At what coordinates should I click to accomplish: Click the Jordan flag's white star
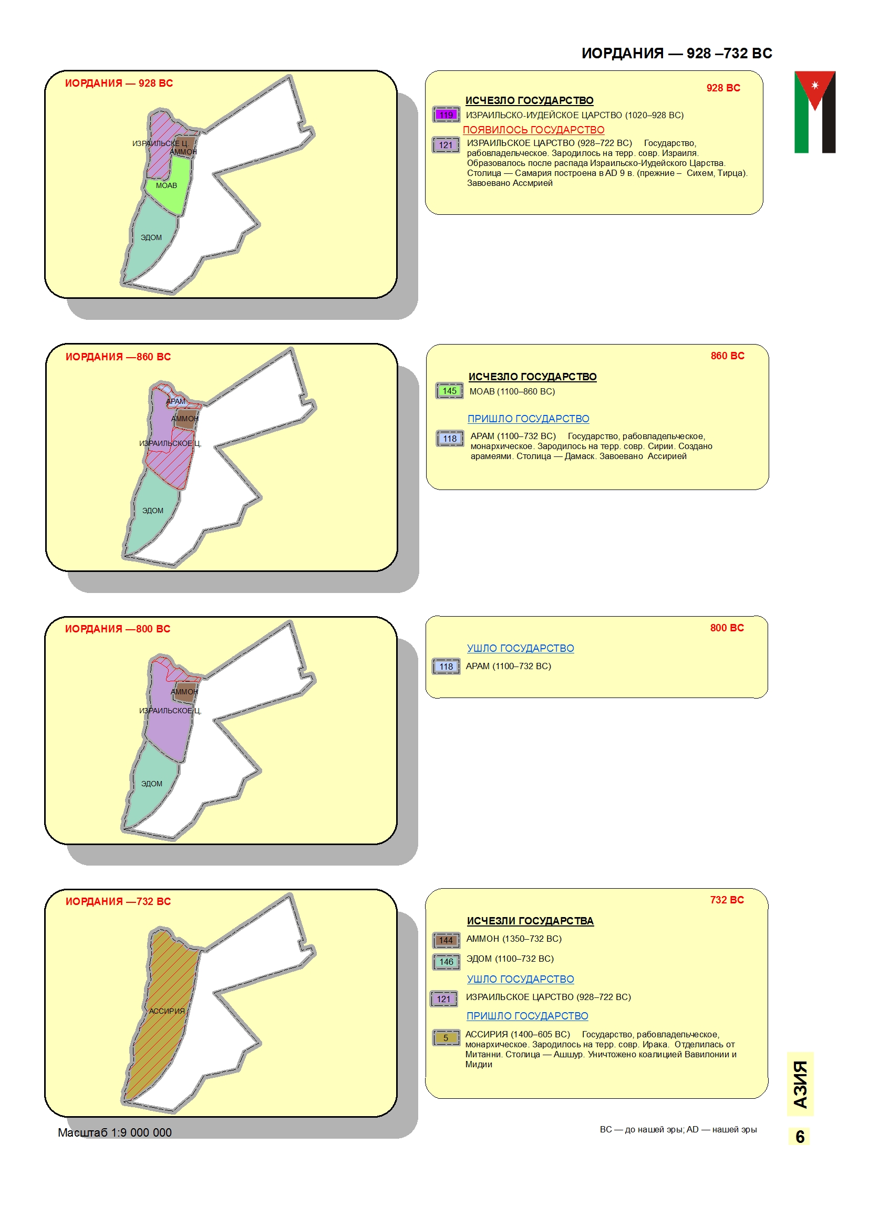(x=815, y=85)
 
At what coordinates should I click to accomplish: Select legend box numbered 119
(x=446, y=115)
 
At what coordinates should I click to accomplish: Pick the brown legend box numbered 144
(x=446, y=940)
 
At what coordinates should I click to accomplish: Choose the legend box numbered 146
(x=446, y=962)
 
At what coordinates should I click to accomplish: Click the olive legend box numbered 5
(x=446, y=1037)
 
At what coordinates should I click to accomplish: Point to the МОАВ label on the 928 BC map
(x=167, y=185)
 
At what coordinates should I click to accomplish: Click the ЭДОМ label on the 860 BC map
(x=152, y=511)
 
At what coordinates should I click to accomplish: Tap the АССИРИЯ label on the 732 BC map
(x=167, y=1011)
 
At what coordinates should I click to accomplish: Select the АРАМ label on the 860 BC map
(x=175, y=401)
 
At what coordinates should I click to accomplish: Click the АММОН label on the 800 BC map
(x=184, y=692)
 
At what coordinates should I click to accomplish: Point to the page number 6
(x=800, y=1137)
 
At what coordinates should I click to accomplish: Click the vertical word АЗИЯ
(x=800, y=1085)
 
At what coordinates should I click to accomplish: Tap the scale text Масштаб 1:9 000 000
(x=115, y=1132)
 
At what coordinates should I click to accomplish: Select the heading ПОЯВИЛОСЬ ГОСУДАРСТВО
(x=533, y=130)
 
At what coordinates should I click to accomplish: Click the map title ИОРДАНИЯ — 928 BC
(x=119, y=83)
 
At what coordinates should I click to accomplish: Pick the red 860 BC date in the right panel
(x=727, y=356)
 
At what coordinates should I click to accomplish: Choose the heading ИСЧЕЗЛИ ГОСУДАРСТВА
(x=530, y=920)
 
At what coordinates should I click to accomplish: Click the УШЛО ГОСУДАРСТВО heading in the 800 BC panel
(x=520, y=648)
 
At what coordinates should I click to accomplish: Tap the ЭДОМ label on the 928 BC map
(x=151, y=237)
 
